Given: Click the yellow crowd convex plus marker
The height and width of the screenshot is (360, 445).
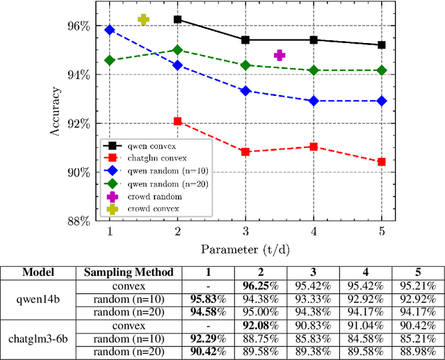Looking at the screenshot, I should pos(143,19).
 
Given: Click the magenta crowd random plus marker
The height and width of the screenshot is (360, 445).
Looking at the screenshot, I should pos(280,55).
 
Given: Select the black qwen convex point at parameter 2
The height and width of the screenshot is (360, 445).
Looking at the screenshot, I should pos(177,19).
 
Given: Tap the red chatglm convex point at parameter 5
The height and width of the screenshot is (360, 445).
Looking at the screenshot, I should pos(382,162).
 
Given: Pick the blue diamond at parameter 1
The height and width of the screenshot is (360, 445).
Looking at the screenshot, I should pos(109,30).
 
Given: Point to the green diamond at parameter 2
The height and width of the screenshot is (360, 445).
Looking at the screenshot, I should pos(177,50).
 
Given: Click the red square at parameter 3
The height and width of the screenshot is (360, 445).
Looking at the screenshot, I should pos(245,152).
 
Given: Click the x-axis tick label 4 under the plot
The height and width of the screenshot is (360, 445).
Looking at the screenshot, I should pos(314,231).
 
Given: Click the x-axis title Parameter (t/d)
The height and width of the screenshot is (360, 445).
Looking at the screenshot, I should pos(245,248).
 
